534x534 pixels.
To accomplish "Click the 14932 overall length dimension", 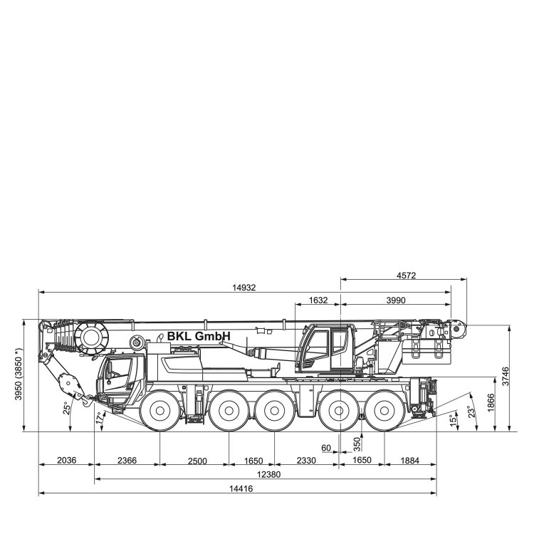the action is click(x=244, y=288).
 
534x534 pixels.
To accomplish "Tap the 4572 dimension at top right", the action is click(x=407, y=276).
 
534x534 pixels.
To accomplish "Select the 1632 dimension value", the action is click(x=318, y=300).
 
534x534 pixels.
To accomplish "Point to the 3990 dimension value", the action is click(x=396, y=300).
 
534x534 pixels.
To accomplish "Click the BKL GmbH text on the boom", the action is click(x=199, y=336).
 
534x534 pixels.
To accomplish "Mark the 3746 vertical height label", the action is click(x=506, y=376).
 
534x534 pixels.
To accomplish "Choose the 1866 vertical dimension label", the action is click(x=491, y=402).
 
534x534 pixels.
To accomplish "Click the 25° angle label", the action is click(x=67, y=408).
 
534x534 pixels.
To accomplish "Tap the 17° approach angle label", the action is click(x=100, y=417).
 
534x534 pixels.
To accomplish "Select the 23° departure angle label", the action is click(x=471, y=412).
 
